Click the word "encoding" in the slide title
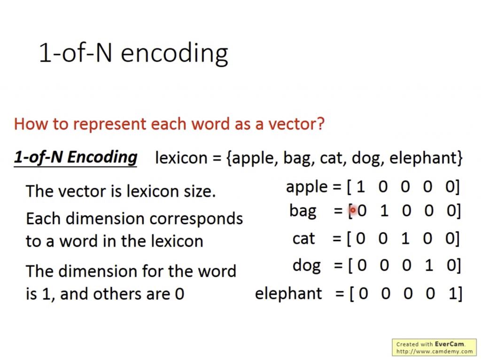click(x=174, y=54)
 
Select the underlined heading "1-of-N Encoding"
click(x=76, y=157)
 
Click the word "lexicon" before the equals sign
click(x=181, y=158)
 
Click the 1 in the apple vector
click(x=361, y=187)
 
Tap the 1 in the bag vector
click(x=384, y=211)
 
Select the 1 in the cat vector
click(x=405, y=238)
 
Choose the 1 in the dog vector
click(x=429, y=265)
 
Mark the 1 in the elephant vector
click(x=453, y=293)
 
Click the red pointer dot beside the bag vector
click(x=353, y=210)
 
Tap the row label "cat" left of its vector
click(x=304, y=238)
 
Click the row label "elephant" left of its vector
click(x=288, y=294)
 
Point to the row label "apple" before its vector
click(x=307, y=187)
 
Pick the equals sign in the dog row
click(x=338, y=265)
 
